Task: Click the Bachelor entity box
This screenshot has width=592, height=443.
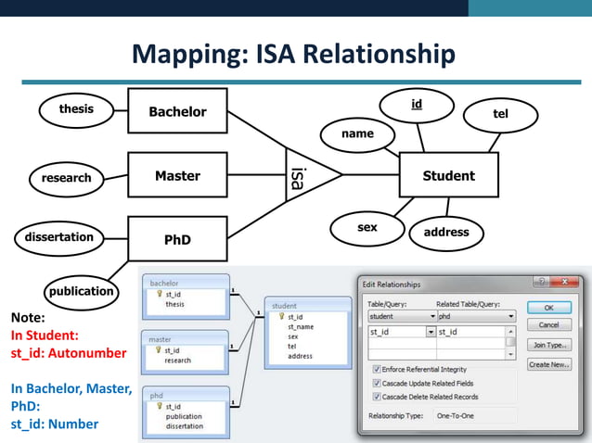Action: point(177,112)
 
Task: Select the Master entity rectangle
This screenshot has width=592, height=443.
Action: point(177,175)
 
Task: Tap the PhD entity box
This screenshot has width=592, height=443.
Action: point(177,239)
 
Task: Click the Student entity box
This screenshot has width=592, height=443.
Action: point(448,175)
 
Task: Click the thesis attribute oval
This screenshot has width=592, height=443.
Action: point(76,109)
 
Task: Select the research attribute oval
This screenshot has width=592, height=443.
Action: point(66,178)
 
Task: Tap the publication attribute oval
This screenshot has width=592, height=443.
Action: point(81,291)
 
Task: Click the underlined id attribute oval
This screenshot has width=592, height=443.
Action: point(418,106)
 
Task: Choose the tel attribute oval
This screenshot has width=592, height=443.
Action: point(500,114)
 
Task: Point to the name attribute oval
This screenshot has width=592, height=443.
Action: point(357,134)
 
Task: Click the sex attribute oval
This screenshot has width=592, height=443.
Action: point(367,228)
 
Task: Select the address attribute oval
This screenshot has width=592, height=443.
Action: point(446,232)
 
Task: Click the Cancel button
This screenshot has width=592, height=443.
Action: point(548,325)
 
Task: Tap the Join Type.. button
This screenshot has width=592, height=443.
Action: point(548,345)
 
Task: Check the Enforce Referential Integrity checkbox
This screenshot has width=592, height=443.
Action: point(377,369)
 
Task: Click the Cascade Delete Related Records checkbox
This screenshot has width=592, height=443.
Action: point(377,396)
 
